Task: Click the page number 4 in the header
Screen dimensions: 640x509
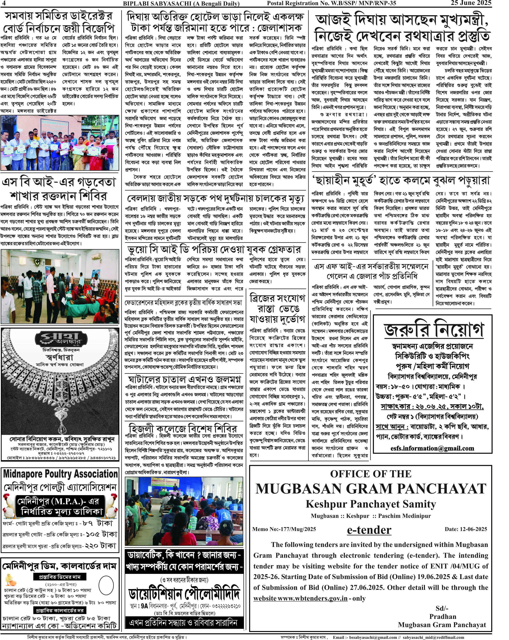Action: [x=4, y=3]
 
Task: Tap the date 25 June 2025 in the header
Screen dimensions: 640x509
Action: [x=471, y=3]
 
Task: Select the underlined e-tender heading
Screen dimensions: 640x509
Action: [x=369, y=530]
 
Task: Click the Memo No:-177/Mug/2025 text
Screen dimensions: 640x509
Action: [x=284, y=529]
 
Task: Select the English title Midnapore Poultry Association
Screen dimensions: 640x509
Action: [x=60, y=474]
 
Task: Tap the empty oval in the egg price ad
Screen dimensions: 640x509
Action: [x=106, y=585]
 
